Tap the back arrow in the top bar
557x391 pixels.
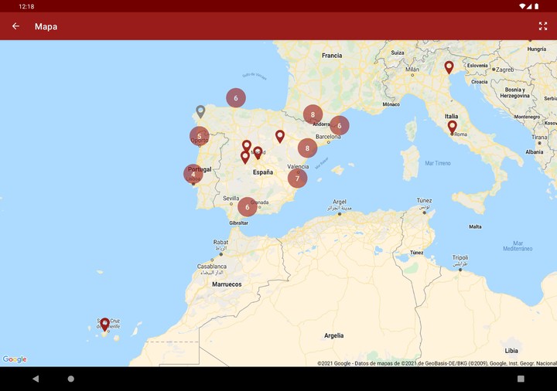pos(15,26)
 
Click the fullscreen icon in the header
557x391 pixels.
pos(543,26)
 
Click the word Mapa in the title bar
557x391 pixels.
pos(46,26)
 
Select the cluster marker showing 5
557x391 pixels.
pos(200,136)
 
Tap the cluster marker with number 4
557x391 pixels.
pos(193,174)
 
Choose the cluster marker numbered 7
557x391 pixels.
pos(297,178)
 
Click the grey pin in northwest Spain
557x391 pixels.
pos(200,111)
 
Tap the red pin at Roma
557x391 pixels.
pos(452,125)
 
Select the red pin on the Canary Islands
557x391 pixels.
pos(104,324)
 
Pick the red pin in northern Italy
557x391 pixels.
pos(449,66)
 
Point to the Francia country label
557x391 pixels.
pos(332,56)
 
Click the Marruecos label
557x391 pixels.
pos(227,284)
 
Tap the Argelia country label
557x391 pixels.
pos(333,335)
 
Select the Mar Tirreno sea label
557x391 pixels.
pos(438,163)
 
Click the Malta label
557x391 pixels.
pos(475,226)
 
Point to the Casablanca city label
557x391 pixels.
pos(211,267)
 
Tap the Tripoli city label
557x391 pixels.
pos(460,258)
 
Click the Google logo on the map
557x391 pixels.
pos(15,359)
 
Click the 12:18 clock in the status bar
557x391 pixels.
pos(26,6)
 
